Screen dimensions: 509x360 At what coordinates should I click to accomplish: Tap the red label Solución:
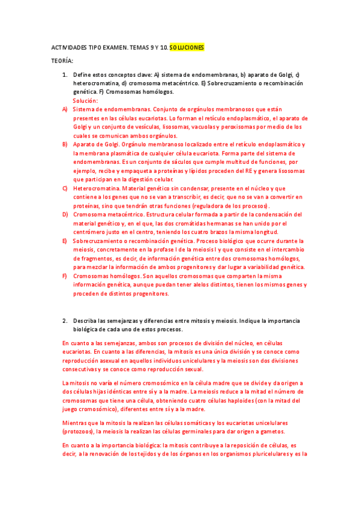[85, 101]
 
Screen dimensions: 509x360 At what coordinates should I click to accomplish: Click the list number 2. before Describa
[65, 321]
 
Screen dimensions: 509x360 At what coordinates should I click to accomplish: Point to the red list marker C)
[65, 188]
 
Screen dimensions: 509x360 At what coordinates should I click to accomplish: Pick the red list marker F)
[65, 276]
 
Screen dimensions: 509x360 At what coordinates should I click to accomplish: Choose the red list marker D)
[65, 214]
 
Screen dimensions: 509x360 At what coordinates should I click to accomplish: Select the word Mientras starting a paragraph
[76, 423]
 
